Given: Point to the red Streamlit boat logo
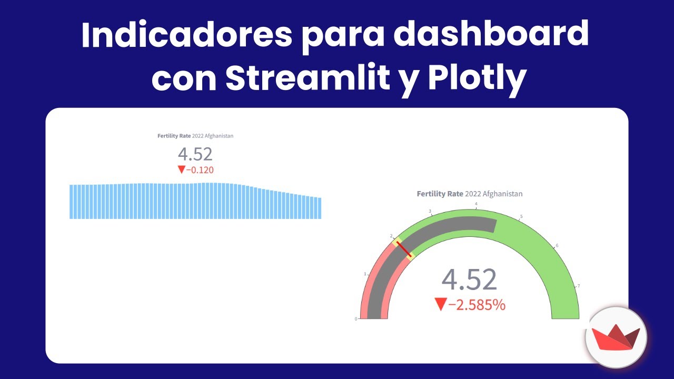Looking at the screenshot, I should click(616, 337).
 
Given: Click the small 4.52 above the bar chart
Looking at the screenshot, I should click(195, 154).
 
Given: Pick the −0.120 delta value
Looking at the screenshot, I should click(200, 169).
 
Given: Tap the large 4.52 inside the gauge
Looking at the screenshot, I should click(469, 280).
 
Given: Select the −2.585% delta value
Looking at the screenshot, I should click(477, 304).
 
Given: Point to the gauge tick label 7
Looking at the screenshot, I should click(579, 286).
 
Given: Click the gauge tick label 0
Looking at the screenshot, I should click(356, 318).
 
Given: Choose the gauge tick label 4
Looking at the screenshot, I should click(476, 204).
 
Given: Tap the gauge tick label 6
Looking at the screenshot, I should click(557, 246).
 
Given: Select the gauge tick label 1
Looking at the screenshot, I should click(365, 274).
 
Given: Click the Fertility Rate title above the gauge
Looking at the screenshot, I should click(440, 194).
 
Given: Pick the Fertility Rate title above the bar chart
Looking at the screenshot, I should click(174, 136).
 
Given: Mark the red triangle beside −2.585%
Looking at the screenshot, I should click(440, 304).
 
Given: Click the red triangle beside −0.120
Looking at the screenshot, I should click(182, 169).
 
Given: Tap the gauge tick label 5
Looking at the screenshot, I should click(521, 217).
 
